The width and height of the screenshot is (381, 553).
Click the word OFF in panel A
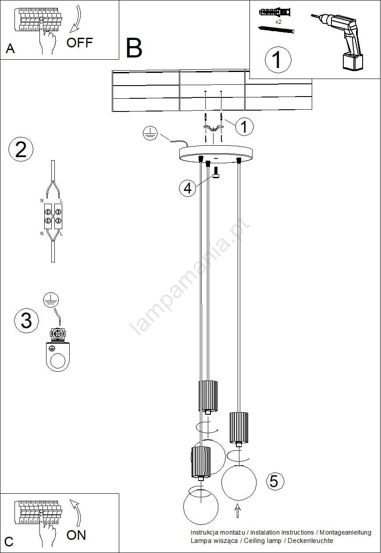(x=79, y=43)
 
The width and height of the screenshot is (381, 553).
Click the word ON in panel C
(x=76, y=535)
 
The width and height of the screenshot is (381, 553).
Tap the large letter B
(x=134, y=48)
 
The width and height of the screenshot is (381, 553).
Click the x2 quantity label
(x=278, y=22)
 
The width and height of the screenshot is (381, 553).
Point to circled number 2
(x=21, y=149)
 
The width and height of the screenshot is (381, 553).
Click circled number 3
(x=26, y=320)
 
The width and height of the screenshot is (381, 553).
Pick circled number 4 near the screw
(x=187, y=188)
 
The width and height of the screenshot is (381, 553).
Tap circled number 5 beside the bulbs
(x=275, y=481)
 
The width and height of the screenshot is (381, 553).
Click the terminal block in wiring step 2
(x=53, y=216)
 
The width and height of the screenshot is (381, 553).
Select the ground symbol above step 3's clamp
(x=51, y=300)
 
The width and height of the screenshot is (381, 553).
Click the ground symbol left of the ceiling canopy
(x=150, y=133)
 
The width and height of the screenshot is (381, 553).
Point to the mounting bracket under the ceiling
(x=214, y=128)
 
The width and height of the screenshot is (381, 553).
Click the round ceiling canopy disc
(x=216, y=154)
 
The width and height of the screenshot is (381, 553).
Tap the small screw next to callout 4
(x=216, y=172)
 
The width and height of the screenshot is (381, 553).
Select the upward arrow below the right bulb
(x=238, y=510)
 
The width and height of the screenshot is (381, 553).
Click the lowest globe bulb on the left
(x=201, y=506)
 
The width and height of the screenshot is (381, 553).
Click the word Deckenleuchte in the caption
(x=310, y=541)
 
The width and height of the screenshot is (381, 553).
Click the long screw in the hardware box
(x=276, y=30)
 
